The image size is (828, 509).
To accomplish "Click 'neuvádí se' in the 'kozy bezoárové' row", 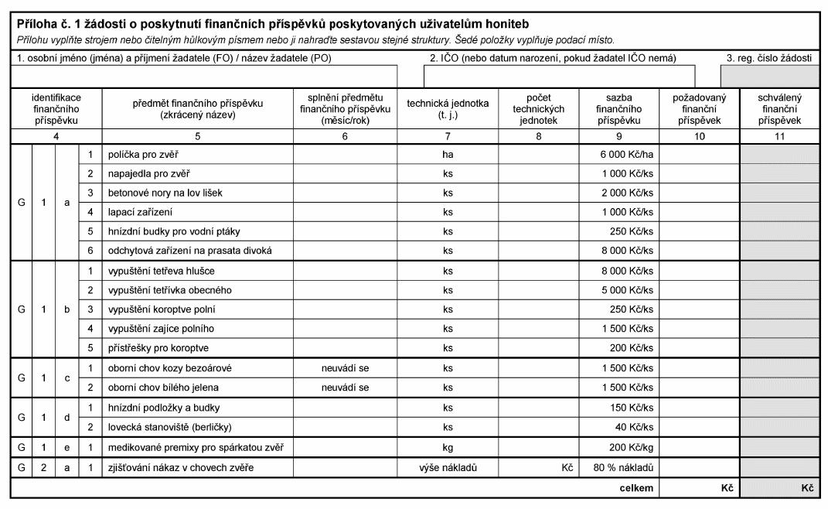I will [x=345, y=367].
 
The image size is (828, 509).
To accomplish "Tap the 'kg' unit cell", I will [x=448, y=447].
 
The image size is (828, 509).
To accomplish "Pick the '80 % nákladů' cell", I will [x=629, y=467].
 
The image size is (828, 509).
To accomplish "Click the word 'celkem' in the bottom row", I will [x=636, y=488].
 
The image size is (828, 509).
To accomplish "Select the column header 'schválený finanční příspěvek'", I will [x=779, y=109].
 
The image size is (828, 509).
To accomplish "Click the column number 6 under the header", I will [x=345, y=136].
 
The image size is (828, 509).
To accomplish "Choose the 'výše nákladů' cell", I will [x=448, y=467].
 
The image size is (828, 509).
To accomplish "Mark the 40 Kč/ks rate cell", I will [x=639, y=427].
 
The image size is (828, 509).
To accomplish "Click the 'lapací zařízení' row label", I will [x=141, y=211].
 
